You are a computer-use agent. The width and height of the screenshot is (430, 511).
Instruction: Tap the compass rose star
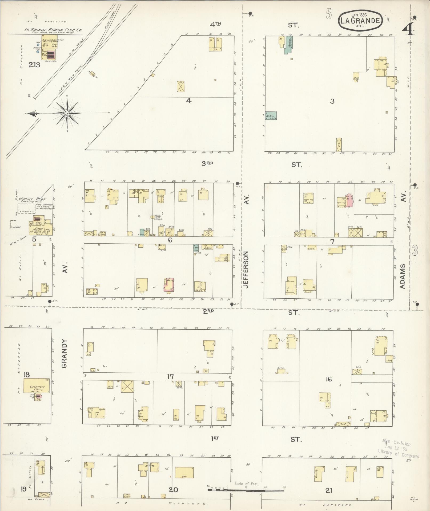coord(67,113)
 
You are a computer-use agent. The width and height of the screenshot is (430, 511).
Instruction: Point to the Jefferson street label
coord(246,270)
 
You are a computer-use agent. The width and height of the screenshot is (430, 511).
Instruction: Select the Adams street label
coord(403,276)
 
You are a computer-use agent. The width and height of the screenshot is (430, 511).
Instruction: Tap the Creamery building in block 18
coord(37,386)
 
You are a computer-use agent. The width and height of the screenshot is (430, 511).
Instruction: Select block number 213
coord(35,65)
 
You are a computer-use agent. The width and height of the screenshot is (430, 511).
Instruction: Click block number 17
coord(170,377)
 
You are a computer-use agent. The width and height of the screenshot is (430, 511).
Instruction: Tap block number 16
coord(329,379)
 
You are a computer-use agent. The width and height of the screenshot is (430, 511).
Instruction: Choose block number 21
coord(328,490)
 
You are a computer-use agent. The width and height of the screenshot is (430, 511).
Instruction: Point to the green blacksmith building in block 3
coord(271,115)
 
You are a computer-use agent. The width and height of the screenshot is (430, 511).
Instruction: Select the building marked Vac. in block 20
coord(184,473)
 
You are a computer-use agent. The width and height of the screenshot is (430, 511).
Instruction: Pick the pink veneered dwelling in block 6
coord(170,285)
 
